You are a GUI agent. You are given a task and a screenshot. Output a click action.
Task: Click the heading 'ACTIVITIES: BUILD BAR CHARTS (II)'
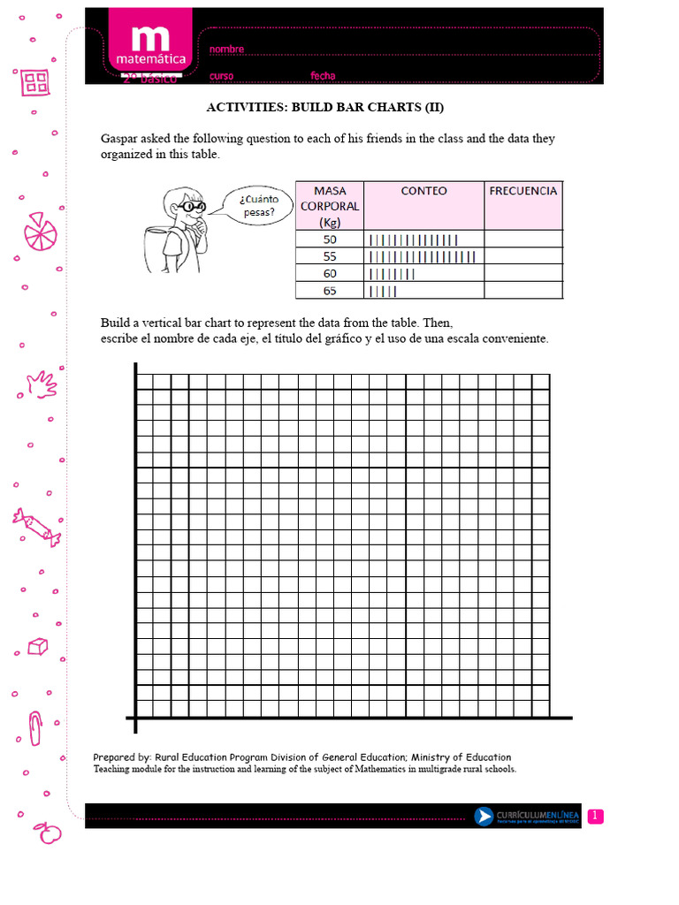click(x=324, y=108)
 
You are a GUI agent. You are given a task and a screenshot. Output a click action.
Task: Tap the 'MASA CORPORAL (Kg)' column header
click(x=329, y=206)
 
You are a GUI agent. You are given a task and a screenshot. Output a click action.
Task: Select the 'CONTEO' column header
click(x=423, y=191)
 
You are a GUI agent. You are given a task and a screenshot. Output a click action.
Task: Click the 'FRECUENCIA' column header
click(x=523, y=191)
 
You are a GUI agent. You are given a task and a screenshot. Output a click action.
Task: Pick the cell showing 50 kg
click(x=329, y=239)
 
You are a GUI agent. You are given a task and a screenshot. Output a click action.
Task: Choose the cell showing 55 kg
click(x=329, y=256)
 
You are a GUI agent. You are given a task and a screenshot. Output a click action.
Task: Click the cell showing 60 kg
click(x=329, y=273)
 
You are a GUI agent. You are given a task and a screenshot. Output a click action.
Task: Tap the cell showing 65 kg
click(x=329, y=290)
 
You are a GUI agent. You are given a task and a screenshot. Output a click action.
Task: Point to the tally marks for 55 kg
click(x=422, y=256)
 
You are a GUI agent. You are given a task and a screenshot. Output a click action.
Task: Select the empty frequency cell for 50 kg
click(x=523, y=239)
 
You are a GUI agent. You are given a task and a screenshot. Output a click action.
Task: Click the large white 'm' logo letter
click(x=148, y=39)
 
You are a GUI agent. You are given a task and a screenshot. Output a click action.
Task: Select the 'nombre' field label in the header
click(x=226, y=49)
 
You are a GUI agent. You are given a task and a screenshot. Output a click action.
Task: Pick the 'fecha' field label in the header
click(x=323, y=76)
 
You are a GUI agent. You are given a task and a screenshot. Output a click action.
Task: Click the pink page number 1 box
click(x=595, y=816)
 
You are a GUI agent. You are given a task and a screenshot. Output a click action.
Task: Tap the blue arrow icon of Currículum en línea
click(x=484, y=817)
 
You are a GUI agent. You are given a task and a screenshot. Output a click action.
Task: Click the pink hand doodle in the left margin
click(x=41, y=384)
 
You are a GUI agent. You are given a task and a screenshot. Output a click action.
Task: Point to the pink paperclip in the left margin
click(x=35, y=727)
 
